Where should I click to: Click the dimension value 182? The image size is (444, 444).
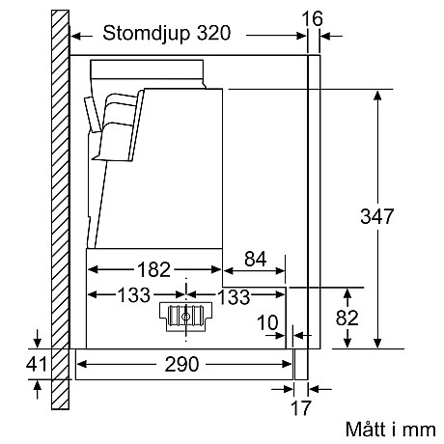point(153,268)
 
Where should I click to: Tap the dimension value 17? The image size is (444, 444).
point(301,407)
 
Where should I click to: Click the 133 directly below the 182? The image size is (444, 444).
point(133,294)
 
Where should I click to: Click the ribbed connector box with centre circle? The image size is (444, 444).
point(184,317)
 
